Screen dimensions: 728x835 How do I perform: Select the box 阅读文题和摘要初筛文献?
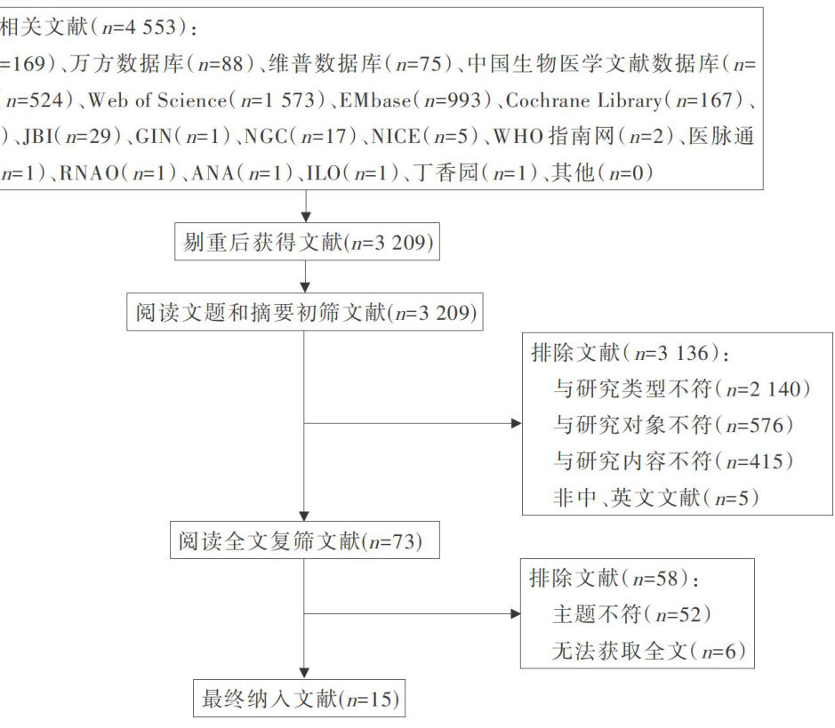click(x=305, y=312)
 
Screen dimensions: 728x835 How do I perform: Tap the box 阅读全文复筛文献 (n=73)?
click(x=304, y=540)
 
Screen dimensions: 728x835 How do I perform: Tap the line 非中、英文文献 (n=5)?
click(x=656, y=498)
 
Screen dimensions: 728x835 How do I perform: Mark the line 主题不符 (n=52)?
click(x=632, y=615)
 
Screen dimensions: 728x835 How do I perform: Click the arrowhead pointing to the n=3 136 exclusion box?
click(x=516, y=423)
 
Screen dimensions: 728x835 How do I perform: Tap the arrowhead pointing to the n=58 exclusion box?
click(x=516, y=614)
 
